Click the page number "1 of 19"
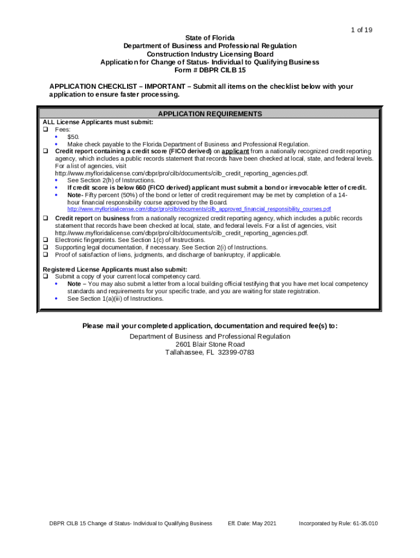coord(361,29)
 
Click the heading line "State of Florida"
coord(210,38)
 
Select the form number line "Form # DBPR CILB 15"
coord(209,70)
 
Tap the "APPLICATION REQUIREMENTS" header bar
coord(210,114)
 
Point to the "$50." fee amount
coord(74,137)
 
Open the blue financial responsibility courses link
coord(199,209)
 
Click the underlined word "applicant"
coord(235,151)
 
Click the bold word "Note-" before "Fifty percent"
coord(75,195)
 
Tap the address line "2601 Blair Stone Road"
coord(210,344)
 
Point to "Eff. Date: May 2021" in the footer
coord(252,524)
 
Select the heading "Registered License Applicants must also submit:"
coord(115,269)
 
